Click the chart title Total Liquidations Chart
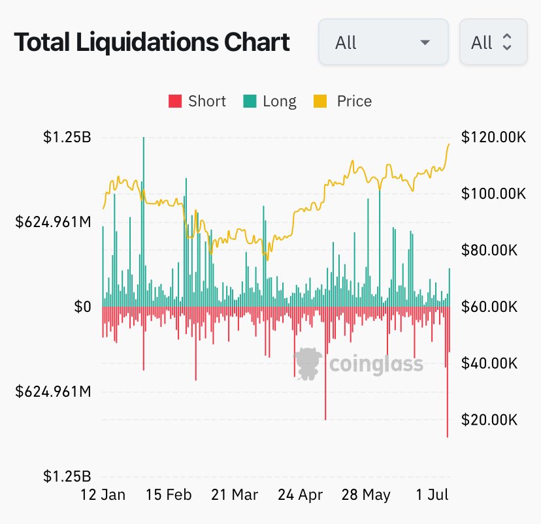pyautogui.click(x=152, y=43)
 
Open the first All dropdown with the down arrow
pyautogui.click(x=383, y=42)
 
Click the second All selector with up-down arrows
pyautogui.click(x=493, y=42)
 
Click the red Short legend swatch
pyautogui.click(x=175, y=102)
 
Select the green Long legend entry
pyautogui.click(x=270, y=102)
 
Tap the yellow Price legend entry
pyautogui.click(x=345, y=102)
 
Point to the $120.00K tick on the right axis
pyautogui.click(x=493, y=137)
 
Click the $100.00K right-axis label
pyautogui.click(x=493, y=194)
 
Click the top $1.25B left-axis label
pyautogui.click(x=67, y=137)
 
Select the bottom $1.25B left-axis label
pyautogui.click(x=67, y=476)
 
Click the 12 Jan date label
pyautogui.click(x=103, y=495)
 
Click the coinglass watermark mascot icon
pyautogui.click(x=308, y=363)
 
